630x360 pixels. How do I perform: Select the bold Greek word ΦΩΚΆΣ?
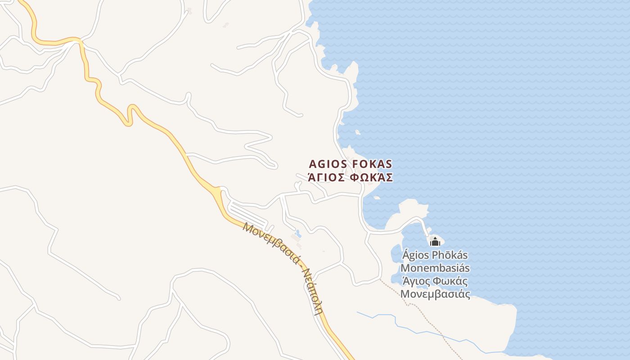371,177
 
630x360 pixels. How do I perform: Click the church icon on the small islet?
435,242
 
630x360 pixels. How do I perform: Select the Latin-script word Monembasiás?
435,268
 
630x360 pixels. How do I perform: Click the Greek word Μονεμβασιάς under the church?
435,295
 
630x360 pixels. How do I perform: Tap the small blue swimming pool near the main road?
297,233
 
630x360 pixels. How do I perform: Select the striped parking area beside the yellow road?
247,215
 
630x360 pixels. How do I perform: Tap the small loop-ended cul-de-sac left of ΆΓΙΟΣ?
297,184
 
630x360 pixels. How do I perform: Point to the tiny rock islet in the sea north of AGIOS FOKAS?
358,132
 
